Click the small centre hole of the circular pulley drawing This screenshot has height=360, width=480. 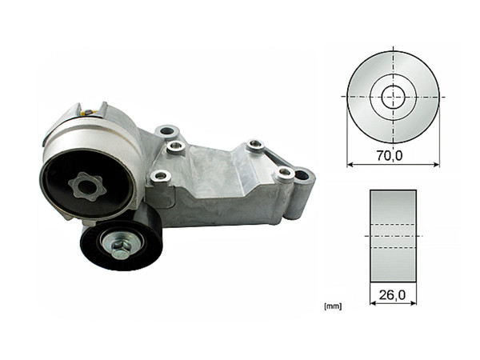click(392, 96)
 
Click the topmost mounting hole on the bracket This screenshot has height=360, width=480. click(166, 130)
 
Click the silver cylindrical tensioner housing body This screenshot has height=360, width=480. click(96, 132)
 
